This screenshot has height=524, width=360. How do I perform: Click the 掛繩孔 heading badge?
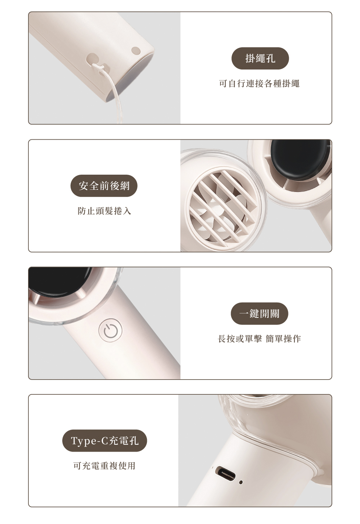click(260, 58)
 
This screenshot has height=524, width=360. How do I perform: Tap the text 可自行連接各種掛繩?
click(260, 84)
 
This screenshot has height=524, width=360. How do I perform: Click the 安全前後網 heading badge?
click(104, 186)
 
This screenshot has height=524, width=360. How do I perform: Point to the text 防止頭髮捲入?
click(104, 211)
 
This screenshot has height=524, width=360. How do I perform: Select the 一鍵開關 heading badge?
click(260, 313)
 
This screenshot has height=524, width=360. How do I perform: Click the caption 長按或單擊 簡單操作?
click(260, 339)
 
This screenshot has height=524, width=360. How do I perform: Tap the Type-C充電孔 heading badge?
click(104, 441)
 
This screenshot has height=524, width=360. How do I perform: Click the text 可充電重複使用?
click(104, 466)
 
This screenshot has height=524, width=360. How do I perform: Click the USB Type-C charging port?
click(225, 474)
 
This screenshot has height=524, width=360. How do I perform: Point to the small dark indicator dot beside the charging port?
click(241, 482)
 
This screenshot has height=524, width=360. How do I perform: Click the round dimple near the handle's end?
click(136, 50)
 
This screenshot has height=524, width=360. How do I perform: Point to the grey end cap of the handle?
click(131, 75)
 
